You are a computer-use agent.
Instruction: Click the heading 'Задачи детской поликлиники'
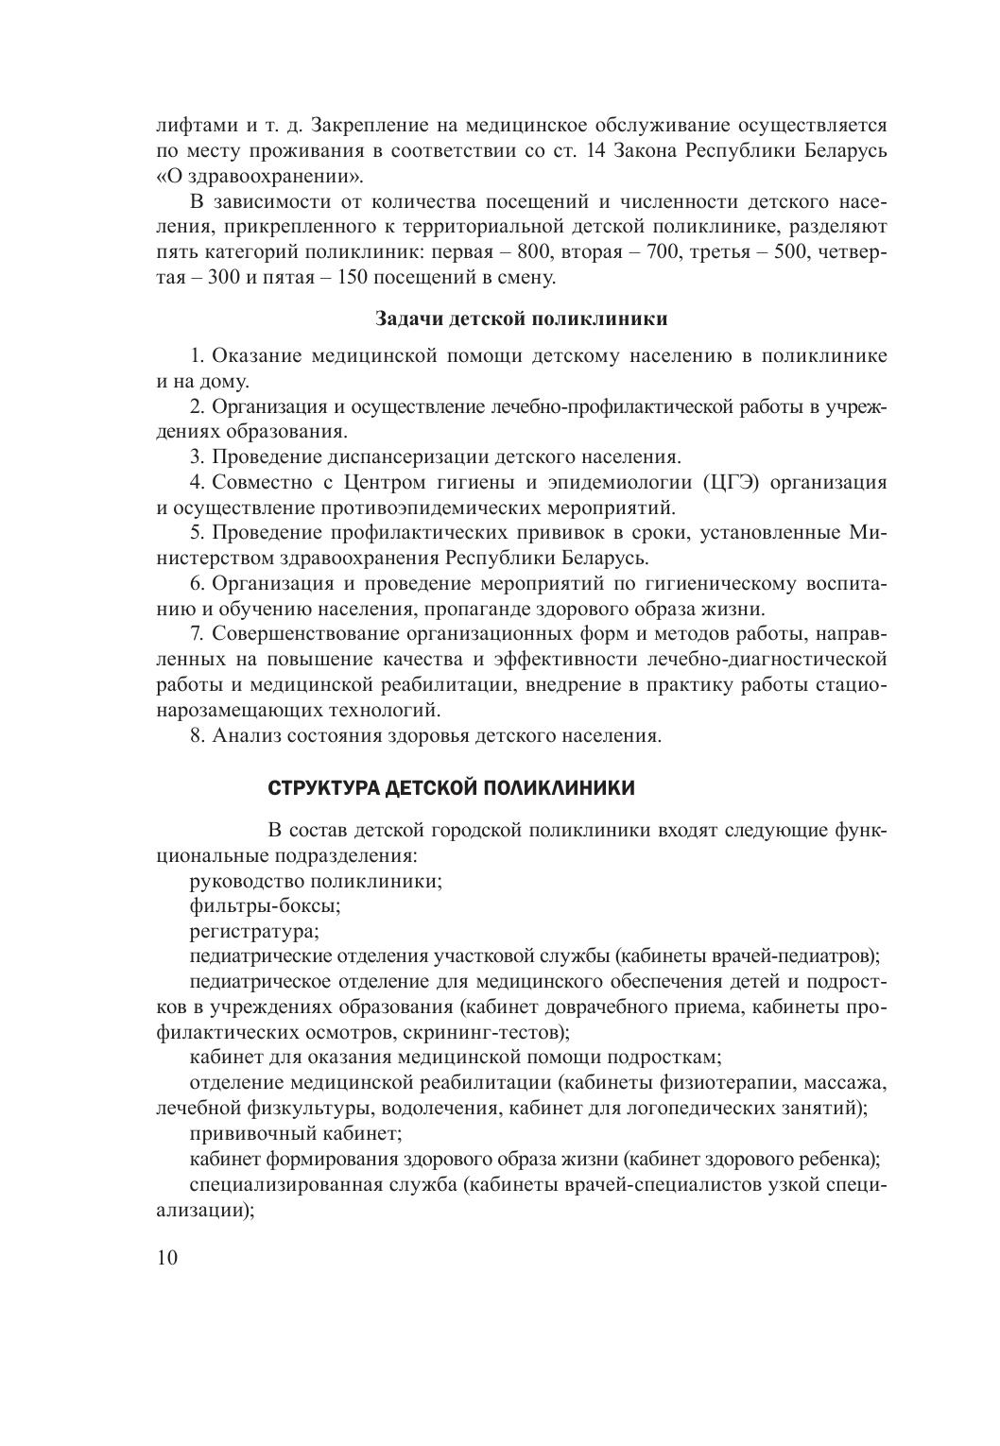521,318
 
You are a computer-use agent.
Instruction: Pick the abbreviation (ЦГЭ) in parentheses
732,483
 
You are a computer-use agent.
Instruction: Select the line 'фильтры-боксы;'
265,906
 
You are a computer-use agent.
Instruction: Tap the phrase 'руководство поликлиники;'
316,881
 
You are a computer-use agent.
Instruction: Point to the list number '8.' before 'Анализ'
197,735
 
